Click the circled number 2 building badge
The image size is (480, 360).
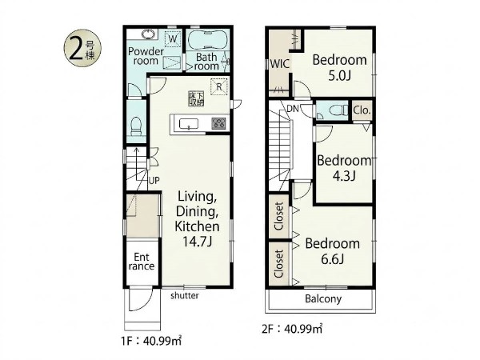[x=82, y=48]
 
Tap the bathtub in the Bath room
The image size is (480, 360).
[x=207, y=39]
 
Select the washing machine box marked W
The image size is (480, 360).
[x=173, y=39]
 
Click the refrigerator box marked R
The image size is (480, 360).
[x=219, y=87]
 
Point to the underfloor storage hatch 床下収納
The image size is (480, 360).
[x=196, y=98]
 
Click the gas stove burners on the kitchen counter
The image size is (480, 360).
[x=219, y=124]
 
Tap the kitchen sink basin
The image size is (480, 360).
[x=189, y=124]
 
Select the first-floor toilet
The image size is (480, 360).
[x=136, y=126]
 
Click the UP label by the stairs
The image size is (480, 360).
[x=154, y=180]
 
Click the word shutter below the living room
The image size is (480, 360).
[x=185, y=295]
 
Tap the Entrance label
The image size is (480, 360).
[x=142, y=262]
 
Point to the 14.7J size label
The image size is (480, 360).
[x=198, y=242]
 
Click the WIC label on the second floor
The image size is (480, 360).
[x=279, y=64]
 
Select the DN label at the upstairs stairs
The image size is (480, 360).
[x=293, y=108]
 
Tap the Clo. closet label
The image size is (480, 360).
[x=362, y=110]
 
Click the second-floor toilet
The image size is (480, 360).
[x=337, y=110]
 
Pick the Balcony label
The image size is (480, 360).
[x=323, y=298]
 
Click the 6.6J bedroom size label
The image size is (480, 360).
[x=333, y=259]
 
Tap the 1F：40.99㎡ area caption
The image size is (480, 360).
[x=151, y=341]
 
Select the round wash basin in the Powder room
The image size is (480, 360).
[x=150, y=34]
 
